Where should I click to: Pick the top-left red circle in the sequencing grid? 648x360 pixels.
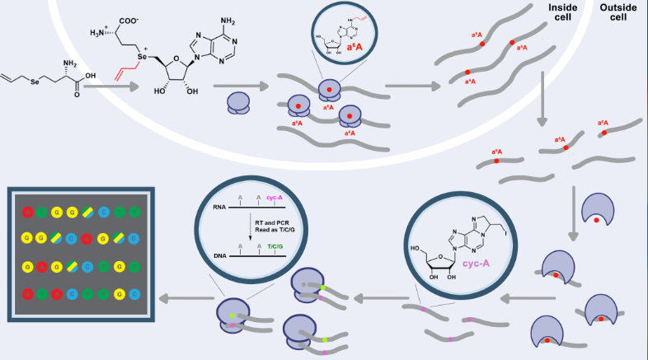click(x=28, y=212)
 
